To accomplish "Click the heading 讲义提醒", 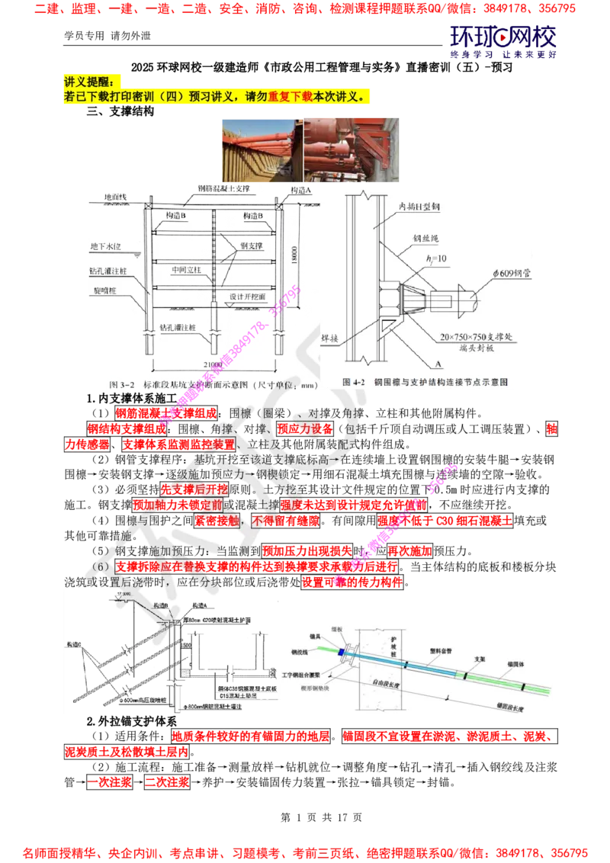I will click(91, 82).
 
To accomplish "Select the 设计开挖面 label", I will click(246, 297).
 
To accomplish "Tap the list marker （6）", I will click(101, 567).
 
